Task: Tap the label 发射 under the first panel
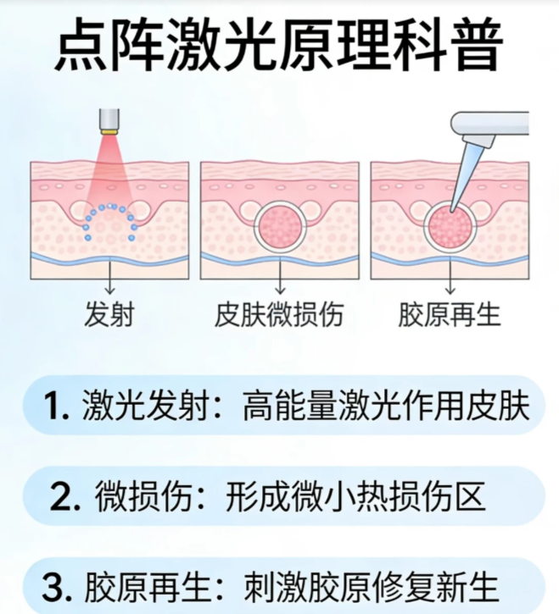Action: click(109, 314)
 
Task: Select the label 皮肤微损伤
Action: click(279, 314)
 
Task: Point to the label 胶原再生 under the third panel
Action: click(450, 314)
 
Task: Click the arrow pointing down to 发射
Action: click(109, 275)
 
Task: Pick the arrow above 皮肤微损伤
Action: click(280, 274)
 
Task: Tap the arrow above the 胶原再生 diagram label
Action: click(450, 274)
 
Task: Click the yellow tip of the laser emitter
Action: click(109, 131)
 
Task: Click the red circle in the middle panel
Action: click(280, 227)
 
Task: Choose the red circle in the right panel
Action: click(450, 227)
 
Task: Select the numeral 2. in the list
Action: click(64, 496)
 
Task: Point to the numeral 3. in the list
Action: click(57, 588)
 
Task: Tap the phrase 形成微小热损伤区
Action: click(355, 496)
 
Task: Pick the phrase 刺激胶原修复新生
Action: click(371, 588)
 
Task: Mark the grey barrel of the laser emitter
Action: click(109, 119)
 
